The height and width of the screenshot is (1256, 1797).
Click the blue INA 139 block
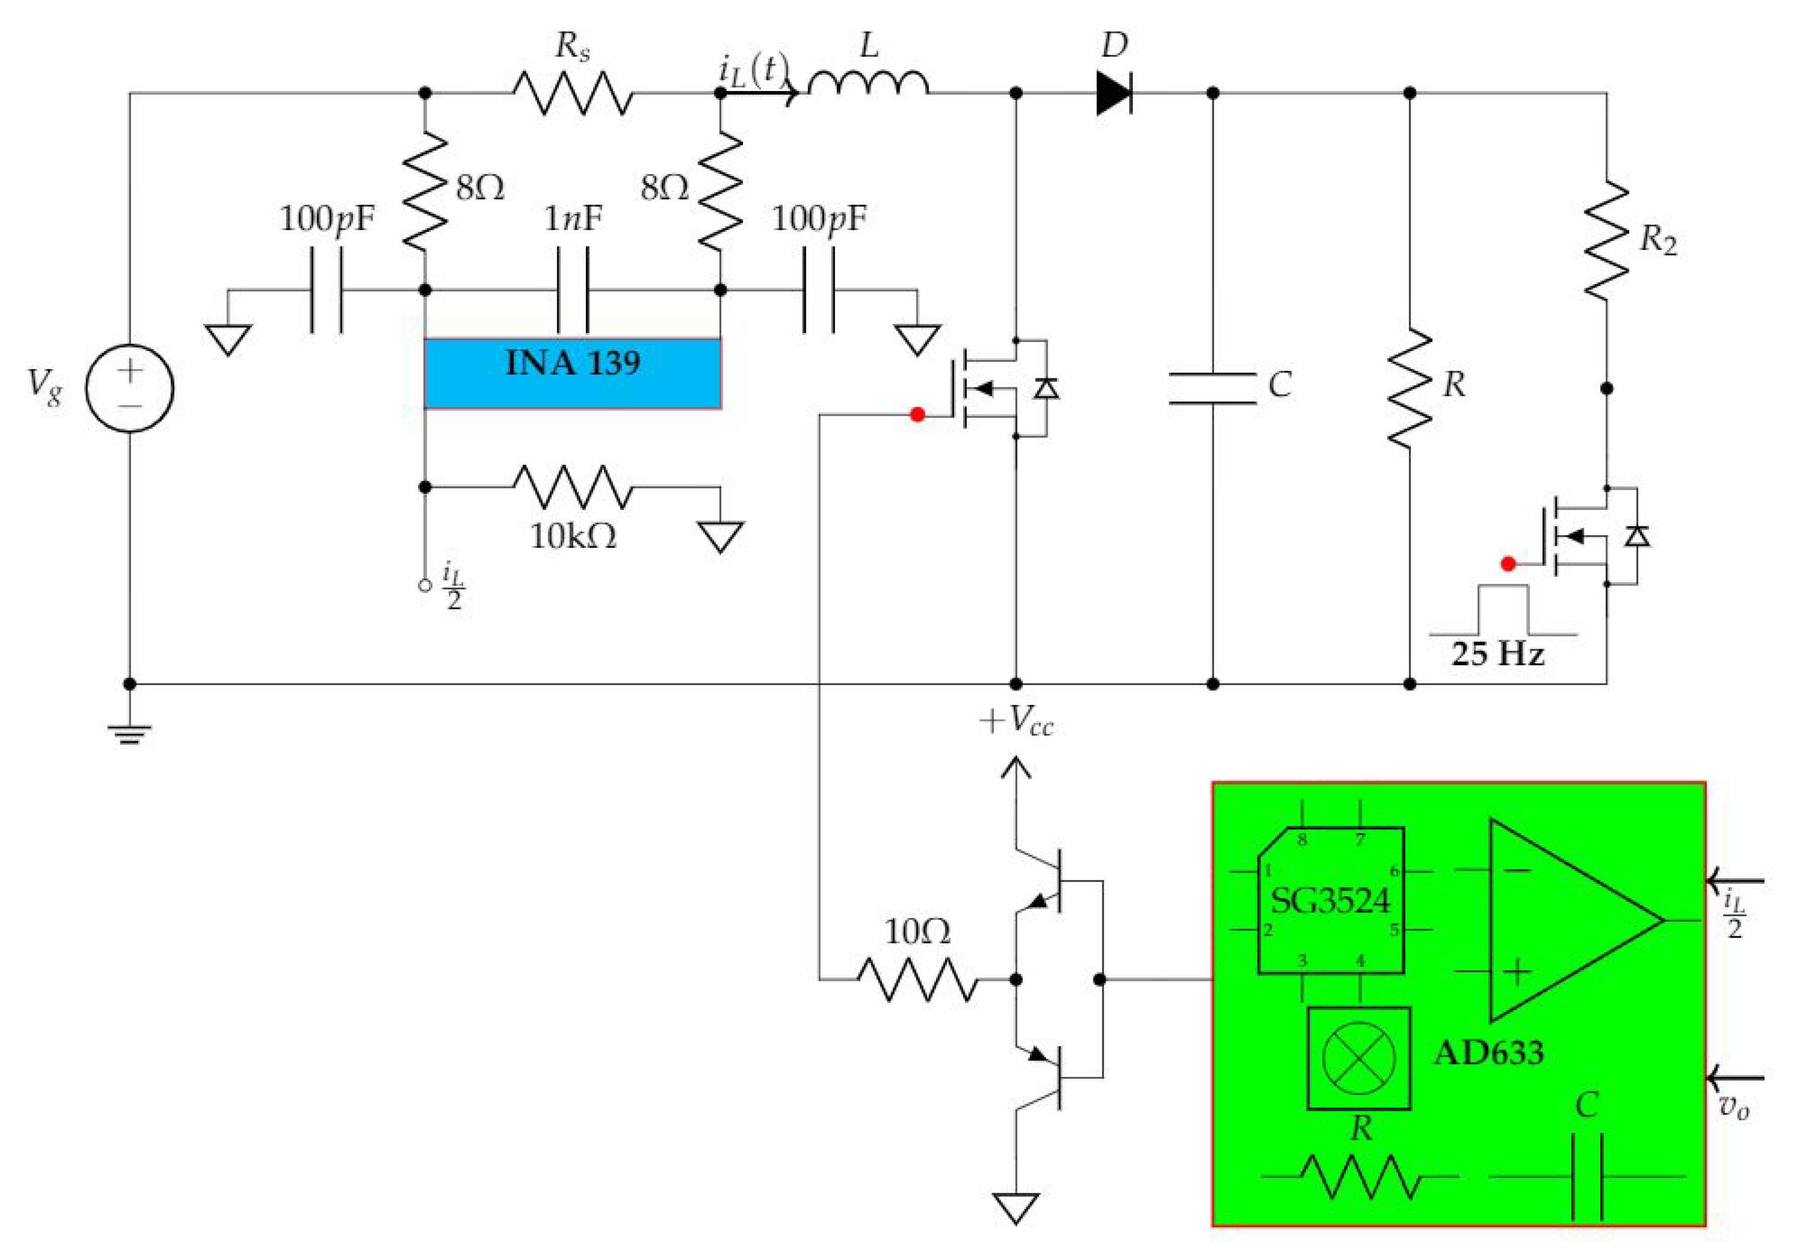tap(572, 373)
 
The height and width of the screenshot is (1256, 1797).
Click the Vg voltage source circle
tap(130, 388)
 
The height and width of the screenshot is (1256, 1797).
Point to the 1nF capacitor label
tap(572, 219)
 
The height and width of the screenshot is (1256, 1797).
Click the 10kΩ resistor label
tap(573, 537)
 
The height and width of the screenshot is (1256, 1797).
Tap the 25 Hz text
tap(1497, 653)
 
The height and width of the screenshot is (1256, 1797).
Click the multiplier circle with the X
tap(1359, 1058)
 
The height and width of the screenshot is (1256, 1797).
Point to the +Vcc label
tap(1016, 721)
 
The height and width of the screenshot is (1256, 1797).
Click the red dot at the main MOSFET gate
tap(917, 415)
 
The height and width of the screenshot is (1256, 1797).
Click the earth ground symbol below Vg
tap(130, 733)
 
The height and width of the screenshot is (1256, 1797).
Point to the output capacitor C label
tap(1279, 385)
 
